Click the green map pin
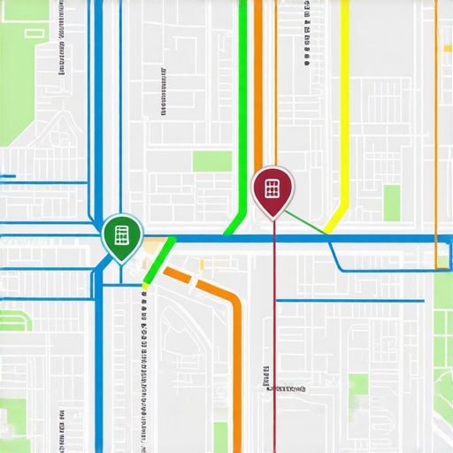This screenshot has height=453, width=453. tap(120, 236)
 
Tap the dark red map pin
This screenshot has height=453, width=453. tap(273, 189)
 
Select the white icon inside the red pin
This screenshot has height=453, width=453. tap(273, 188)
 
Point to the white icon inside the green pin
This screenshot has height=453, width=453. tap(120, 234)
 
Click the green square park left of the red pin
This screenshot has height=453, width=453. tap(212, 161)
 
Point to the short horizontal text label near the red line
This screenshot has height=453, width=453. tap(285, 388)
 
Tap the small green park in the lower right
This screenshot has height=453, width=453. tap(357, 384)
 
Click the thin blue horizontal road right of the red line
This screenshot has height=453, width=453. tap(354, 301)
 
